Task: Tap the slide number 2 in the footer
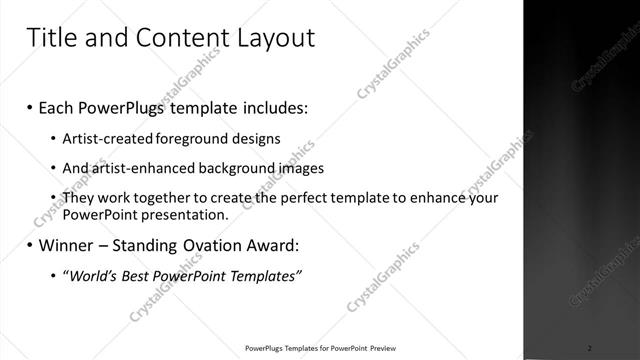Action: click(590, 348)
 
